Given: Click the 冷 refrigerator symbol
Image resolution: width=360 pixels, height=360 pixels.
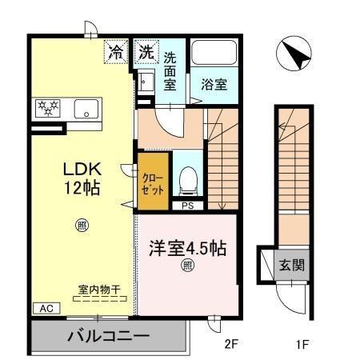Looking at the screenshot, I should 117,54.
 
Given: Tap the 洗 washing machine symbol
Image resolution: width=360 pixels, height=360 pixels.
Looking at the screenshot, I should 145,54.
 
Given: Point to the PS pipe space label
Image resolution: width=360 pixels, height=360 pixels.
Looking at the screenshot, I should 188,206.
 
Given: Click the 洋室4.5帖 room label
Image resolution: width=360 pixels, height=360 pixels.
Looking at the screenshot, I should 186,248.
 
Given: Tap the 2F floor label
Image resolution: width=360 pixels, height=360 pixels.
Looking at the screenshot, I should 230,345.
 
